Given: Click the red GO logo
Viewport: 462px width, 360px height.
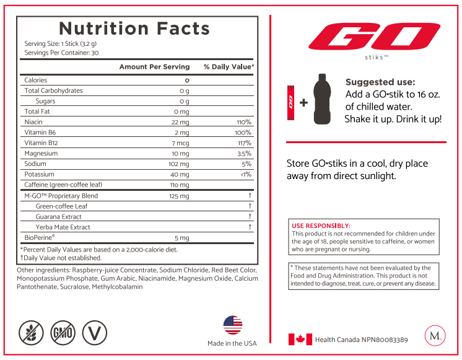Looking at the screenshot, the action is pos(374,37).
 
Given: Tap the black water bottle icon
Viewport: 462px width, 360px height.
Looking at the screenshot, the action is pos(322,99).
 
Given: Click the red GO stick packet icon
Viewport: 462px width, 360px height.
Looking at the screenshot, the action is pos(291,103).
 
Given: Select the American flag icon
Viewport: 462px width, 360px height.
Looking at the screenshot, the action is pos(233,325).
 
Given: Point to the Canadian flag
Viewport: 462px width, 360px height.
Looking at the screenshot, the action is pos(300,340).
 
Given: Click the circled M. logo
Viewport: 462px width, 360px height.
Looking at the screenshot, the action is pos(435,336).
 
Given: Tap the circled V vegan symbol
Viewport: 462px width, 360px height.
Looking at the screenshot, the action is pos(94,333).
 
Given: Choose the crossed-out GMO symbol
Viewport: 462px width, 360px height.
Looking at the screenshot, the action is pos(63,333).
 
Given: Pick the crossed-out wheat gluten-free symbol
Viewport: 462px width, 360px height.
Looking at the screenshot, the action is pos(31,333).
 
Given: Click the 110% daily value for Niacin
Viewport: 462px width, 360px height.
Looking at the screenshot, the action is pos(244,122).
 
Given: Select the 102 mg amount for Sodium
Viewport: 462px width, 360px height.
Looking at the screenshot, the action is pos(178,164).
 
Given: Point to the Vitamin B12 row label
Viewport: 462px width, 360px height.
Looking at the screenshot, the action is pos(41,143).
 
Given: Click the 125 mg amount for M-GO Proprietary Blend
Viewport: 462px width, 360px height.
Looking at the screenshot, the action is pos(179,196).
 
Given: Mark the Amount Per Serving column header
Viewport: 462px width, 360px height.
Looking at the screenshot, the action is pos(154,67).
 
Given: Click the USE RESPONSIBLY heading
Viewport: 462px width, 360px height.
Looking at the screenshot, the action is pos(321,226).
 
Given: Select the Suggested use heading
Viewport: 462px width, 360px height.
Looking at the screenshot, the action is pos(380,82).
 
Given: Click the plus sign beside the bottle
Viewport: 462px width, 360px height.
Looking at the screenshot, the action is pos(303,103).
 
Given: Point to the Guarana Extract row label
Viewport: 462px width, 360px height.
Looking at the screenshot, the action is pos(58,217).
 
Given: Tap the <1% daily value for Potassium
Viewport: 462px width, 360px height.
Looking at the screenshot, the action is pos(246,174).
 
